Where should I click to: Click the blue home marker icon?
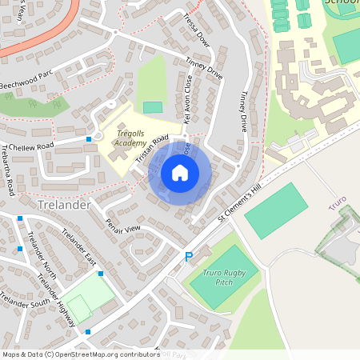pos(180,173)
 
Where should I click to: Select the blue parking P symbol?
pos(189,257)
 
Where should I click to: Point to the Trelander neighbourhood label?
pos(66,206)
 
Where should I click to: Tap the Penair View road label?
pos(122,228)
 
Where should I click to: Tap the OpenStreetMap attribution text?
pos(81,354)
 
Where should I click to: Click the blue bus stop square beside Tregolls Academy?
pos(89,139)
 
